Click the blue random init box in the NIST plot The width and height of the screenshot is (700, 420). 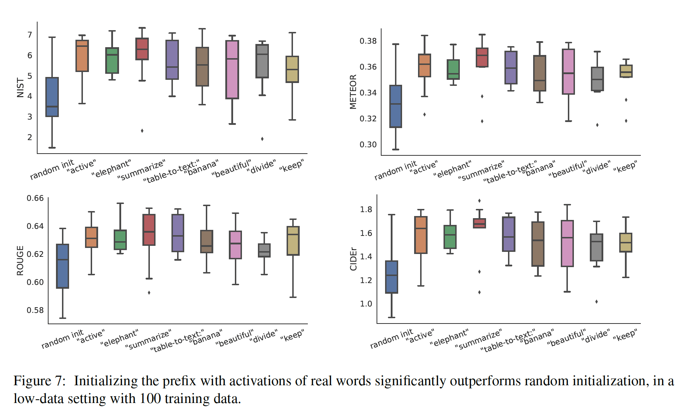(52, 97)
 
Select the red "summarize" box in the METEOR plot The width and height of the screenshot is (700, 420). (482, 57)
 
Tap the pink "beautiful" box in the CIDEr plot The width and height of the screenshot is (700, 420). (567, 243)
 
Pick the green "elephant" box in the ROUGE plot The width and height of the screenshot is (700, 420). (120, 240)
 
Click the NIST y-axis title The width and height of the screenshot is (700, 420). (21, 88)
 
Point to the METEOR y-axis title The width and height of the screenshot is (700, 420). (353, 92)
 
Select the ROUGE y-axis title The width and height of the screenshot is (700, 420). (20, 260)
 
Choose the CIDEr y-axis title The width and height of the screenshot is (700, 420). (353, 259)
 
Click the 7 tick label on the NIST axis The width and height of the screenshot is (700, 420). (30, 35)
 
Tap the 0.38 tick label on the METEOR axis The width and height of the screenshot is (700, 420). (368, 41)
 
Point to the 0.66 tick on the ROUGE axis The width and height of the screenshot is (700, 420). (35, 198)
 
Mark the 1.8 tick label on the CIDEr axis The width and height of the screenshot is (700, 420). (366, 209)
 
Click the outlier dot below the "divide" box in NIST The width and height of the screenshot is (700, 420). (262, 139)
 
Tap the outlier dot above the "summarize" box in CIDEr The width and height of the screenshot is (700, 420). (479, 201)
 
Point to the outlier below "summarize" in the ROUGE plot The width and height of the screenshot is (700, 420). (149, 293)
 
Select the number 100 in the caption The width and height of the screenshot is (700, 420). (150, 399)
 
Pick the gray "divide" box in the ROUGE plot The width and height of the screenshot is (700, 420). (264, 250)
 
